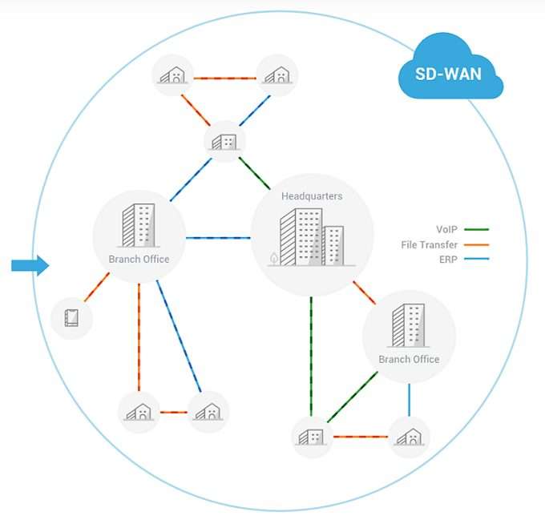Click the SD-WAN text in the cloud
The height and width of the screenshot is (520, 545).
(450, 73)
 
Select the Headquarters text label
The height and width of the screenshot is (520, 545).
(312, 196)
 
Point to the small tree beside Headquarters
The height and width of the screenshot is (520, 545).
(274, 258)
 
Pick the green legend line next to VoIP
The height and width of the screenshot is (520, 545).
(476, 230)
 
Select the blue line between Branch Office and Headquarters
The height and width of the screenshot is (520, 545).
(218, 238)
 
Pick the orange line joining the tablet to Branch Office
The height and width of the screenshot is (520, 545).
(97, 287)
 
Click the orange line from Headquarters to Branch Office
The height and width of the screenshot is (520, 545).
(364, 292)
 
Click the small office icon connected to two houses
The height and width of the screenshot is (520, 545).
(224, 142)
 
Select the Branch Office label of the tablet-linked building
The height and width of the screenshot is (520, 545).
(139, 259)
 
